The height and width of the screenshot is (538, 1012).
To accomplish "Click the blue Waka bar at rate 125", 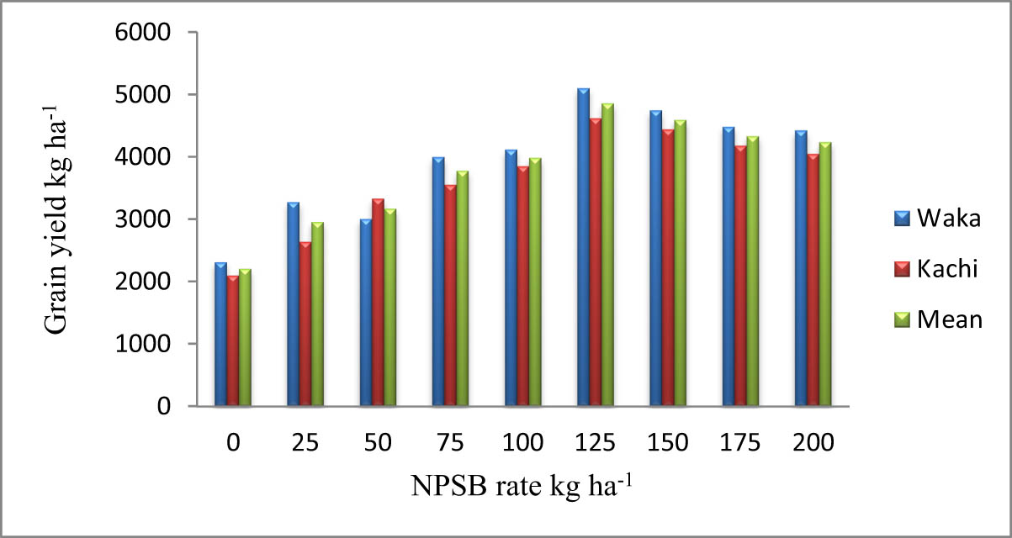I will point(583,248).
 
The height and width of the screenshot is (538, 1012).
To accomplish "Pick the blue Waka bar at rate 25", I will point(293,304).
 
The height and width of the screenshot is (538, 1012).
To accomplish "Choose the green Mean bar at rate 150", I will point(680,264).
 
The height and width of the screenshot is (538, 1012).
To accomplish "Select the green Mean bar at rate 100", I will point(535,282).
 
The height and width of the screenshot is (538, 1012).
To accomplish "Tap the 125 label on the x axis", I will point(596,443).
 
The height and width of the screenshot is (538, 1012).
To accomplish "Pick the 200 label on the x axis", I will point(813,443).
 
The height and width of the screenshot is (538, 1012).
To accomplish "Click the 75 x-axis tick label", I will point(450,443).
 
